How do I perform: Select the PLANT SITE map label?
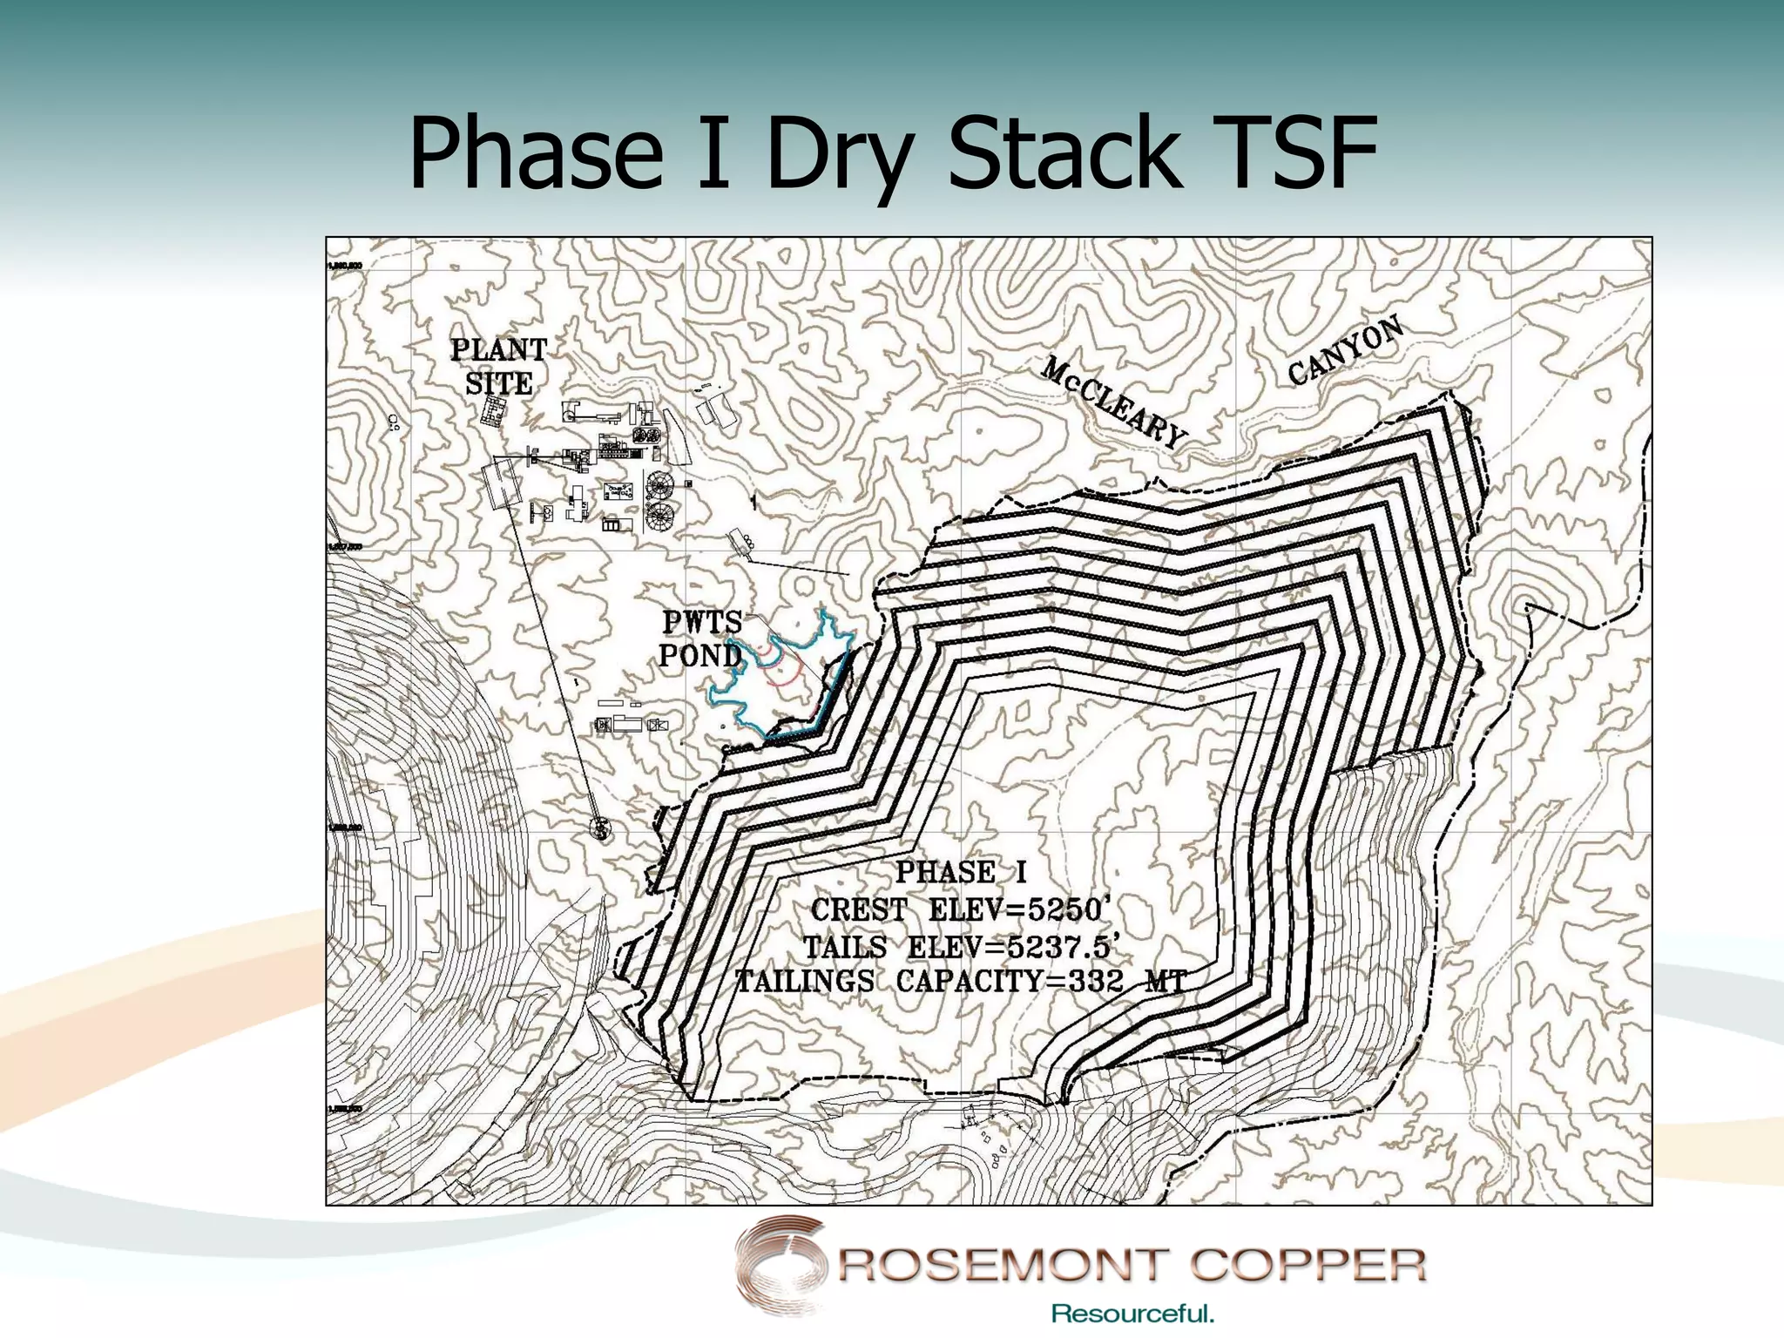(498, 367)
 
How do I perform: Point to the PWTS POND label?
(701, 639)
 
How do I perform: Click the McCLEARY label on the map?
(1115, 402)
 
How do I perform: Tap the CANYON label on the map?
(1346, 350)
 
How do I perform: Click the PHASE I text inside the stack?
(961, 872)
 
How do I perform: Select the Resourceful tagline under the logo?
(1132, 1314)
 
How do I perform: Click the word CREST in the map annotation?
(859, 910)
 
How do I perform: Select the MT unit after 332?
(1166, 982)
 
